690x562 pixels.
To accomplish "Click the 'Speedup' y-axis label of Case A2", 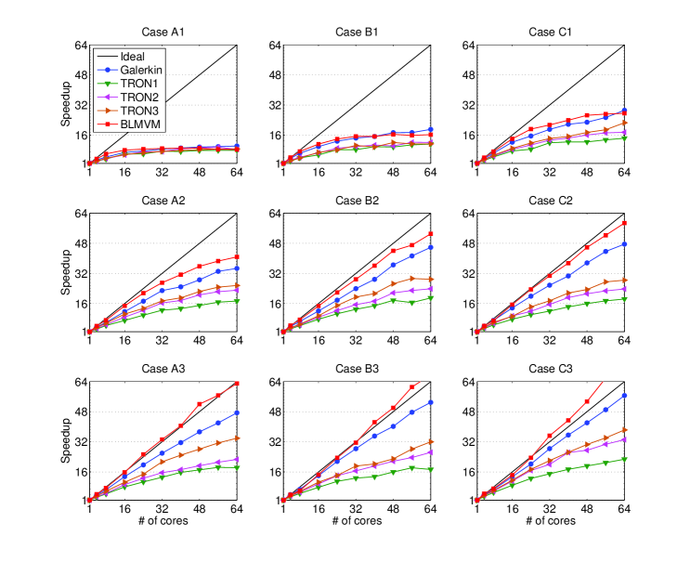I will (65, 272).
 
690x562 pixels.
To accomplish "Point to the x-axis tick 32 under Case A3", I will (163, 509).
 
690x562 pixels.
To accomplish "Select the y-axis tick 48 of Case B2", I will (274, 243).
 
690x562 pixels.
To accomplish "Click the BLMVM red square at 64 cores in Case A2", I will (237, 256).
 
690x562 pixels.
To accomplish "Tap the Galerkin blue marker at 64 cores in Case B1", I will (431, 129).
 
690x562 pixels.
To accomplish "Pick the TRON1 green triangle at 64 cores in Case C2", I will (624, 299).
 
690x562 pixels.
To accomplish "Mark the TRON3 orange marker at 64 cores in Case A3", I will (237, 438).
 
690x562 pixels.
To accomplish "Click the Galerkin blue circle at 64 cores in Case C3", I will (624, 396).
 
